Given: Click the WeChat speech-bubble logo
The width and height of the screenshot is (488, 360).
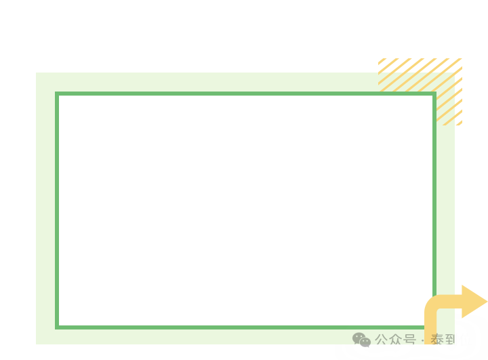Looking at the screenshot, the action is [x=361, y=339].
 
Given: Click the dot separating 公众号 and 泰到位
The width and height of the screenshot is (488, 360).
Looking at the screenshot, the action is [x=423, y=340].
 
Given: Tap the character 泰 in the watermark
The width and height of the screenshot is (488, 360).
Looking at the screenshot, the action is [x=437, y=340].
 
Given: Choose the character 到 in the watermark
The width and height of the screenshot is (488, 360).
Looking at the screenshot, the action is [x=451, y=340].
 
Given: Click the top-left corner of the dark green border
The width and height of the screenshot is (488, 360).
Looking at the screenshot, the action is [x=58, y=94].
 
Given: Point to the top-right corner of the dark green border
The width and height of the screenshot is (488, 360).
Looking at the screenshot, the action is [x=434, y=94].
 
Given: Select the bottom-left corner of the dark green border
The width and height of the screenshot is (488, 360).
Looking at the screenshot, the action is [x=58, y=327].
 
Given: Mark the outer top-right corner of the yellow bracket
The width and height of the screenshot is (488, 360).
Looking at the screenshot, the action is [x=462, y=60].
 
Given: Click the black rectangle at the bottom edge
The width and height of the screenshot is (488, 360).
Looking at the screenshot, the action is [x=323, y=353].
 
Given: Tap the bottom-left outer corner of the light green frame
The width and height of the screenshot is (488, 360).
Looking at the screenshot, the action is [x=37, y=342].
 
